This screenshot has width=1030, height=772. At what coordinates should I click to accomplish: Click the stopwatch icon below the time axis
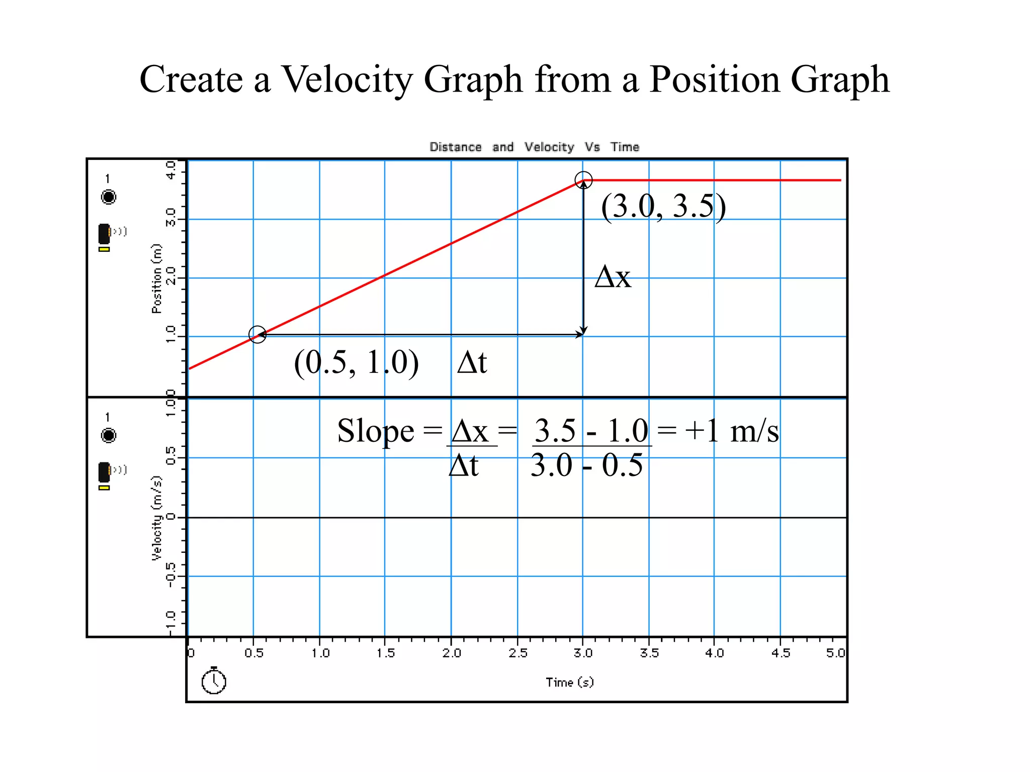(x=214, y=681)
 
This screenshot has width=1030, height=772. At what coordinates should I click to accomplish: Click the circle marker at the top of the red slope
(x=583, y=180)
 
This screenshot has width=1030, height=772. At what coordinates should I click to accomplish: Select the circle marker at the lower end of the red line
(x=257, y=334)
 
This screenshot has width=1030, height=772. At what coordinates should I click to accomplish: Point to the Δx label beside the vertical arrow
(x=613, y=276)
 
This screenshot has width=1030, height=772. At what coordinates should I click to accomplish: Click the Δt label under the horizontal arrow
(x=472, y=362)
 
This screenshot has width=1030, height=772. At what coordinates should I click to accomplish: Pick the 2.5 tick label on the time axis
(x=518, y=653)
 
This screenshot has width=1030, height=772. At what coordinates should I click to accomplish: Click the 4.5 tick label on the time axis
(x=780, y=653)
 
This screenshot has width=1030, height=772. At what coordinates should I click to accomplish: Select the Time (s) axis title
(x=569, y=682)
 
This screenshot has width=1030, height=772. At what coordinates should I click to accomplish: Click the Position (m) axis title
(x=157, y=278)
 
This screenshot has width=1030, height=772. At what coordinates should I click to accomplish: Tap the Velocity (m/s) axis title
(x=157, y=518)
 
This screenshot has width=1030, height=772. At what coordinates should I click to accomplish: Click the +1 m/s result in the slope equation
(x=731, y=431)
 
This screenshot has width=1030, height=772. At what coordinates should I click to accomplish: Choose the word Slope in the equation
(x=375, y=431)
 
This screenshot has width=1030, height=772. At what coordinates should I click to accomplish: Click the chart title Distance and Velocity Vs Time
(x=534, y=147)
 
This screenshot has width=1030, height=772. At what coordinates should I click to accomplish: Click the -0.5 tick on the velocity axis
(x=171, y=574)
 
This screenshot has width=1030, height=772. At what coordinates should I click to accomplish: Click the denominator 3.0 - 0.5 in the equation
(x=586, y=465)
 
